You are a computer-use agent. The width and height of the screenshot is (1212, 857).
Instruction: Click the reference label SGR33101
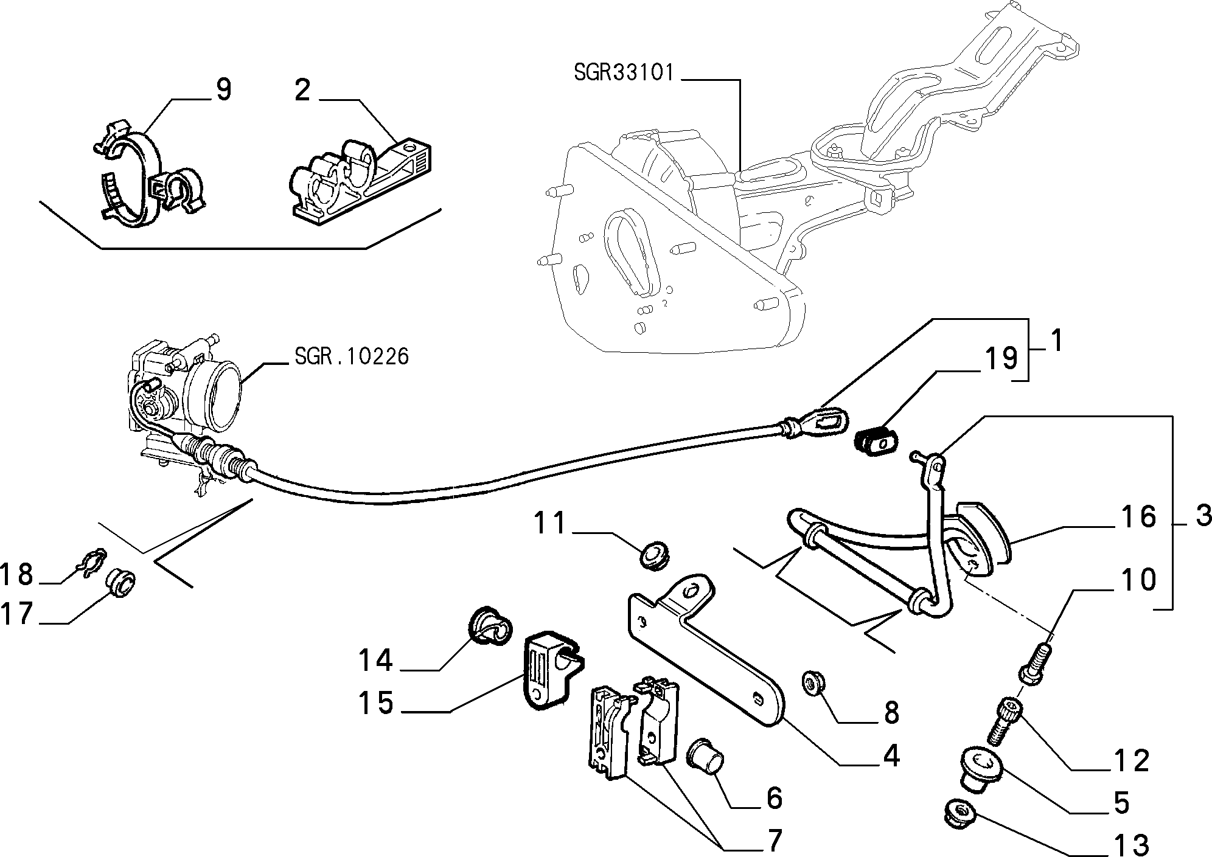[x=624, y=73]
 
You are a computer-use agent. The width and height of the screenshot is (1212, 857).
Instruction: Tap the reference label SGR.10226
[x=352, y=356]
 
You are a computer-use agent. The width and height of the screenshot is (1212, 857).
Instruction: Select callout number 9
[x=223, y=90]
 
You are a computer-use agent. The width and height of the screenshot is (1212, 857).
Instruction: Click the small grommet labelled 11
[x=655, y=556]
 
